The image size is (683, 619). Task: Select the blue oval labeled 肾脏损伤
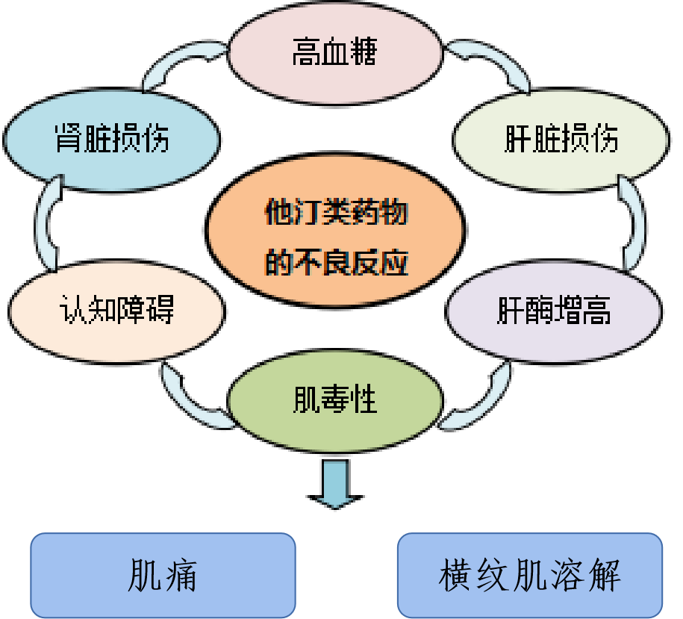pyautogui.click(x=112, y=140)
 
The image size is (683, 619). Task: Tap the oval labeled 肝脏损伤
pyautogui.click(x=560, y=140)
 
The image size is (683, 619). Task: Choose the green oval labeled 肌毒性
pyautogui.click(x=334, y=402)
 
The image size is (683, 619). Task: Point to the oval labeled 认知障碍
pyautogui.click(x=116, y=309)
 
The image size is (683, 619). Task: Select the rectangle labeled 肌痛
pyautogui.click(x=162, y=576)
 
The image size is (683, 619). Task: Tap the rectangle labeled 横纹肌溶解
pyautogui.click(x=529, y=576)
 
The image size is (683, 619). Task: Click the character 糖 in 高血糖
pyautogui.click(x=364, y=54)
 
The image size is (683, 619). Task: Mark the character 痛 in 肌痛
pyautogui.click(x=182, y=576)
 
